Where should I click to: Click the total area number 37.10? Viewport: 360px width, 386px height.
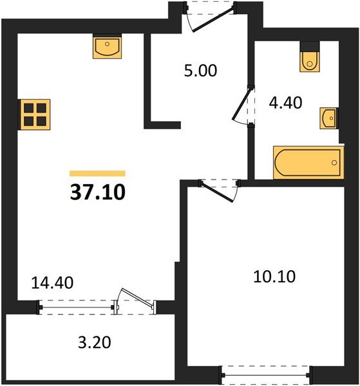[x=98, y=192]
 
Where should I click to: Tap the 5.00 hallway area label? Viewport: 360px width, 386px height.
[x=200, y=71]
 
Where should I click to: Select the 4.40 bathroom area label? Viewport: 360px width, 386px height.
[x=285, y=103]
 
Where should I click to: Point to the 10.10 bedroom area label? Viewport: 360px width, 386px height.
[x=274, y=277]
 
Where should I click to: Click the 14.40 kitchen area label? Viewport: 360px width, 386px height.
[x=52, y=282]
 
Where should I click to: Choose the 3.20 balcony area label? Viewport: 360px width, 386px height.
[x=95, y=342]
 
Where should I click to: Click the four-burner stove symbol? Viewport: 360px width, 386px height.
[x=35, y=115]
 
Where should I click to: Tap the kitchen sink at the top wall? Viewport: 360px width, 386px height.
[x=107, y=46]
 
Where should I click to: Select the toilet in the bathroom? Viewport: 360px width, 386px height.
[x=310, y=61]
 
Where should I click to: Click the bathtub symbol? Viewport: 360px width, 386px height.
[x=308, y=163]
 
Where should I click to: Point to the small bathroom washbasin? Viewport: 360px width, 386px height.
[x=328, y=118]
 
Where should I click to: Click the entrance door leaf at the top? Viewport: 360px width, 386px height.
[x=213, y=20]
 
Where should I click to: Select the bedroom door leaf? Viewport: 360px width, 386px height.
[x=217, y=192]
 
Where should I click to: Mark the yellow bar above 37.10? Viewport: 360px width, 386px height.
[x=98, y=173]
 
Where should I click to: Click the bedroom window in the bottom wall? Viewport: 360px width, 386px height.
[x=265, y=375]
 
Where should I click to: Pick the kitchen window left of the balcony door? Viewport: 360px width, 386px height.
[x=77, y=308]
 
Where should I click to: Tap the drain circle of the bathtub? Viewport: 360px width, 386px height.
[x=334, y=163]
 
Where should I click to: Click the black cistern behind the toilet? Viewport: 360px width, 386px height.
[x=310, y=46]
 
